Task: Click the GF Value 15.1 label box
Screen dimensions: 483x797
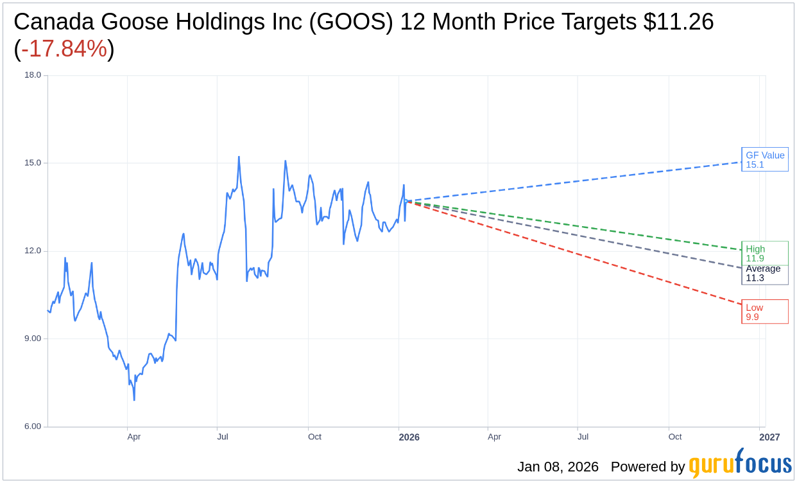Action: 764,159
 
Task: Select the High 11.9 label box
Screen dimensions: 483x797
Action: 764,253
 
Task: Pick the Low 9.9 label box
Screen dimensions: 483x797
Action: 764,312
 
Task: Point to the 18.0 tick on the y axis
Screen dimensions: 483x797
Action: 33,75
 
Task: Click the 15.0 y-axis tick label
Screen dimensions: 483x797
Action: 33,162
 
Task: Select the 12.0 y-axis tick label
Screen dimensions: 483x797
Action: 33,250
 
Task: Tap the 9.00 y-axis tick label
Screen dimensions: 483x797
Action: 33,338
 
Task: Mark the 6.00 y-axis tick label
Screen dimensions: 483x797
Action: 33,426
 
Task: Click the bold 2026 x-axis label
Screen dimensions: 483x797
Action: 409,437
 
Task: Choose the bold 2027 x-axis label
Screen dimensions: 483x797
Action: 769,437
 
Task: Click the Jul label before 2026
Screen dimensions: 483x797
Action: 222,437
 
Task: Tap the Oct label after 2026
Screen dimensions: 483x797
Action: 675,437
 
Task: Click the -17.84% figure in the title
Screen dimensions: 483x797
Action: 64,49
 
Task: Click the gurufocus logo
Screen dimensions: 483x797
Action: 740,464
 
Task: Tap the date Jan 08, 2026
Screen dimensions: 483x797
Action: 558,467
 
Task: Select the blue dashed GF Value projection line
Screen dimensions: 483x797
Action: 578,181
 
